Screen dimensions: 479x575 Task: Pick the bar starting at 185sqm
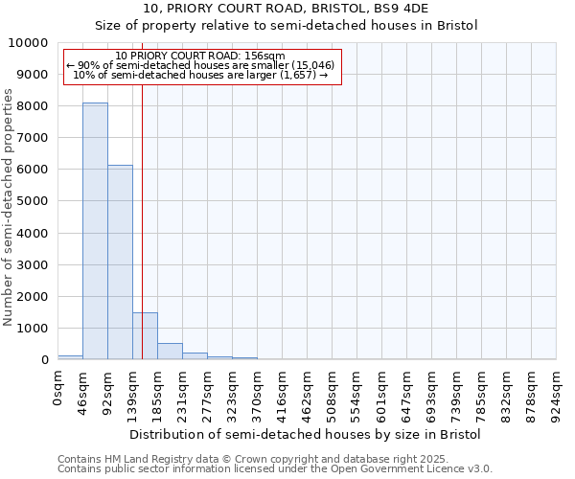coord(170,351)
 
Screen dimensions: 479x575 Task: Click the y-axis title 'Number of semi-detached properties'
coord(9,207)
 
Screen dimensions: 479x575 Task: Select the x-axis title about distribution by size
coord(307,434)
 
